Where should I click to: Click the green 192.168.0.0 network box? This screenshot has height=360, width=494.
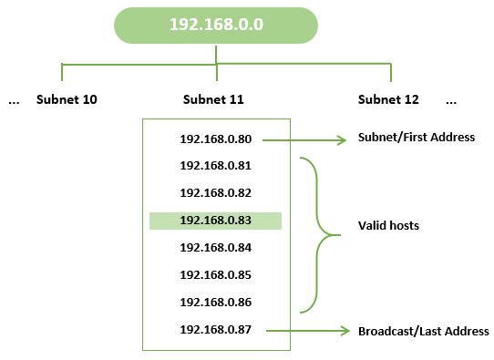(216, 26)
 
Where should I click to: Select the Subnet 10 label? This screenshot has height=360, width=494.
(67, 99)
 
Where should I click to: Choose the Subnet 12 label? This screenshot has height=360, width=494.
(389, 99)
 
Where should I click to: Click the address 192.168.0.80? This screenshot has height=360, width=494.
(215, 139)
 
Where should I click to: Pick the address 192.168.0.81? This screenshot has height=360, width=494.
(215, 166)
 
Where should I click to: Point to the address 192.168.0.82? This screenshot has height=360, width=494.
(215, 193)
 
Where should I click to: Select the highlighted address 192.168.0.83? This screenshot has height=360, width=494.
(215, 221)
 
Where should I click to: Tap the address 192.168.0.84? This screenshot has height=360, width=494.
(215, 248)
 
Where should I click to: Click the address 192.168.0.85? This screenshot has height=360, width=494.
(215, 274)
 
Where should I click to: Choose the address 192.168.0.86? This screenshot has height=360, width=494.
(215, 302)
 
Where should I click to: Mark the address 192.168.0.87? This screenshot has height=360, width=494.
(215, 329)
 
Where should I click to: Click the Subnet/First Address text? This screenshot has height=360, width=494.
(416, 138)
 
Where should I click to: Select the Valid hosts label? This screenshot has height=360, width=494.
(388, 224)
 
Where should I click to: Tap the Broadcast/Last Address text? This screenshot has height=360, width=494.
(423, 331)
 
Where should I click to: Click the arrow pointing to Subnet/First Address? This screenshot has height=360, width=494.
(305, 140)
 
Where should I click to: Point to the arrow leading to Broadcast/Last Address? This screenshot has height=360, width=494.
(305, 330)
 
